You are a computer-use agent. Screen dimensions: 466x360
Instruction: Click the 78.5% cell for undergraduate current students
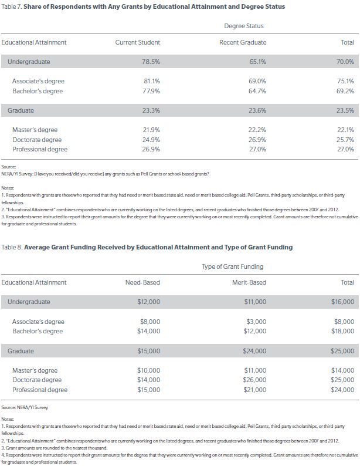150,62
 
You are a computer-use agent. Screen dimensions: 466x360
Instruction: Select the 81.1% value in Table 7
151,81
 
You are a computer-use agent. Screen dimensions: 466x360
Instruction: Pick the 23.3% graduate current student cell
151,110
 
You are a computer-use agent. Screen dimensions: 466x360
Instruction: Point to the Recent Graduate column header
243,42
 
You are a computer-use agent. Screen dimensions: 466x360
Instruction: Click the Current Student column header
138,42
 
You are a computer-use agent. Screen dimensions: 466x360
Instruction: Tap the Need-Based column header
142,282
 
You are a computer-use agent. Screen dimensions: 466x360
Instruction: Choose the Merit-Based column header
249,282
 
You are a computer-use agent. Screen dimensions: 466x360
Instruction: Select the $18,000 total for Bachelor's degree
342,331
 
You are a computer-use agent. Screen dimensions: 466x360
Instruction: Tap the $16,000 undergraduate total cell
342,302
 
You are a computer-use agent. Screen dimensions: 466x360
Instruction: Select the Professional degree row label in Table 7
40,149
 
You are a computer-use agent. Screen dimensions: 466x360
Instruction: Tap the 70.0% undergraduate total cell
345,62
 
